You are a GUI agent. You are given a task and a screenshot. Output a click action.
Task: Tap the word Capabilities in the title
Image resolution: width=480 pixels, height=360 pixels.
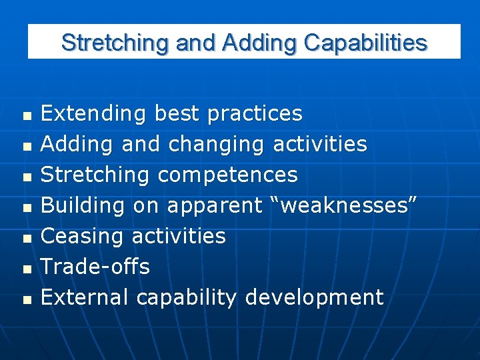click(365, 43)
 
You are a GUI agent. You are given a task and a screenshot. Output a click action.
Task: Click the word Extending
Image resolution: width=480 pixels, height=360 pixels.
click(93, 114)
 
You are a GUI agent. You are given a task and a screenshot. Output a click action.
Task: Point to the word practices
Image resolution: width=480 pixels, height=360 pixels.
click(255, 114)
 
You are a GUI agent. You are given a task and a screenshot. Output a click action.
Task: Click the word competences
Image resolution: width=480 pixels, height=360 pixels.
click(227, 175)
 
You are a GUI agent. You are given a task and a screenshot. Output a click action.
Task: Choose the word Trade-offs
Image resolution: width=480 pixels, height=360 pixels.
click(95, 267)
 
